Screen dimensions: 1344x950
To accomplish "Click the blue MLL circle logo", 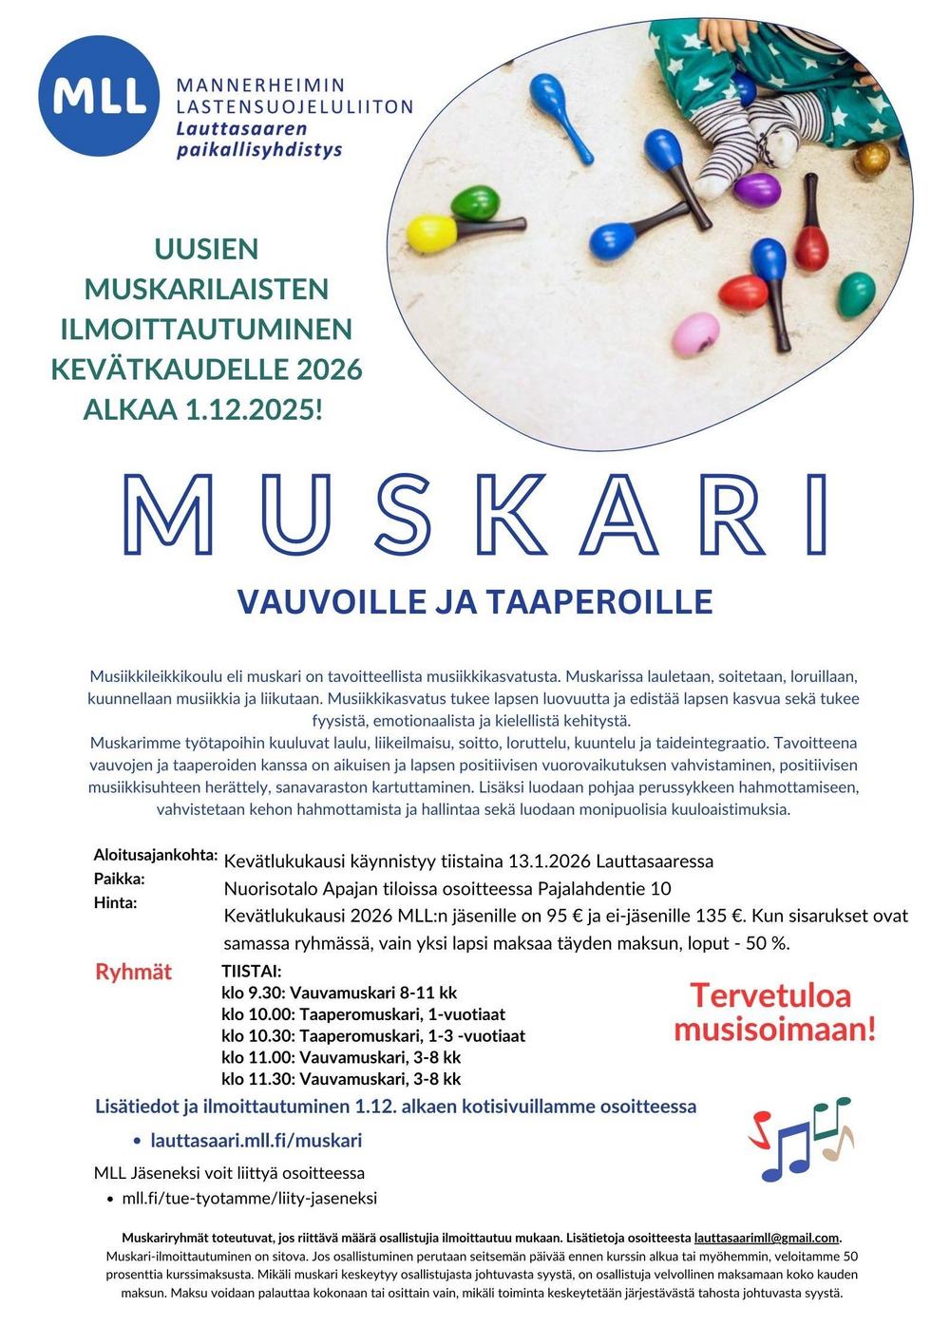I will point(100,95).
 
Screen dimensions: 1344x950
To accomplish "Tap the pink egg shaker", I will point(698,332).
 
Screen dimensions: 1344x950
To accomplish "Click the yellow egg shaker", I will point(431,231).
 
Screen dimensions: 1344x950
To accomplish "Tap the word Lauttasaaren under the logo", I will point(241,129).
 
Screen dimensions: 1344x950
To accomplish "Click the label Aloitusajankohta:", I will point(156,854).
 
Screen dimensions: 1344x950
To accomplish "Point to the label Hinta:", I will point(115,902).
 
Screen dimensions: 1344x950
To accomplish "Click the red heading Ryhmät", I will point(134,972).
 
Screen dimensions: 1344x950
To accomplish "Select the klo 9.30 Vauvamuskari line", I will point(339,993).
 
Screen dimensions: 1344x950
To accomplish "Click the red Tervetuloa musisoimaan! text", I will point(774,1013).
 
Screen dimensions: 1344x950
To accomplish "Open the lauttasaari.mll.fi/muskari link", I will point(256,1140).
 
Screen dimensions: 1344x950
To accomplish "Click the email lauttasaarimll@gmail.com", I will point(767,1238).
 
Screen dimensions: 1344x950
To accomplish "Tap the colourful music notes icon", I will point(801,1140).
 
